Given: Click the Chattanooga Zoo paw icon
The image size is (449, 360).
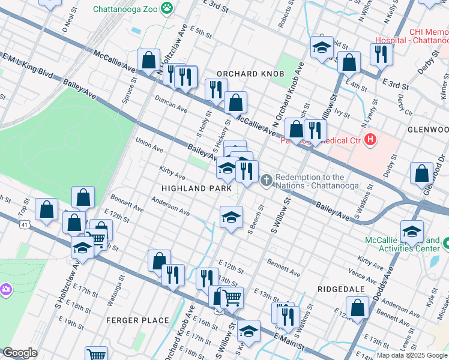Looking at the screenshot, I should tap(166, 8).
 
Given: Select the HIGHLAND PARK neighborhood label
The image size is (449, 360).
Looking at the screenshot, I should tap(196, 188).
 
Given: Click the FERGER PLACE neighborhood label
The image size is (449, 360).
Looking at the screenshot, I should tap(137, 320).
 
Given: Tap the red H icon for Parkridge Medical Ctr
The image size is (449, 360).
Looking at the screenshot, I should tap(371, 140).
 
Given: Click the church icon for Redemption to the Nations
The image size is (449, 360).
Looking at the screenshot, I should tap(267, 179).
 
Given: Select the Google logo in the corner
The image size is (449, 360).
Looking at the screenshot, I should tap(20, 353).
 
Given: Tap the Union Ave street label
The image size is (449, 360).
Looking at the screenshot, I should tap(149, 145).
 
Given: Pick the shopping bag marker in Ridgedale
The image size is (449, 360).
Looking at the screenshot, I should tap(357, 308).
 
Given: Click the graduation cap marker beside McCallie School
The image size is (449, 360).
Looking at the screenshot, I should tap(412, 232).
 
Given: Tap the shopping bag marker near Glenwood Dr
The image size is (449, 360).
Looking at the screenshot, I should tap(421, 173).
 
